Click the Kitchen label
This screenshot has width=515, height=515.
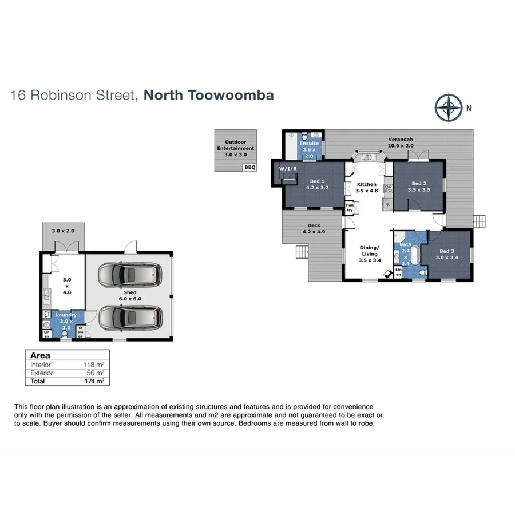point(366,188)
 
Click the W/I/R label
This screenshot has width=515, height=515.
point(286,169)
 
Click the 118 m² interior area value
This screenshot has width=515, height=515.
point(94,365)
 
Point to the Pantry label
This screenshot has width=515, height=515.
point(349,207)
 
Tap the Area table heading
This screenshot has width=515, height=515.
point(40,355)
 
